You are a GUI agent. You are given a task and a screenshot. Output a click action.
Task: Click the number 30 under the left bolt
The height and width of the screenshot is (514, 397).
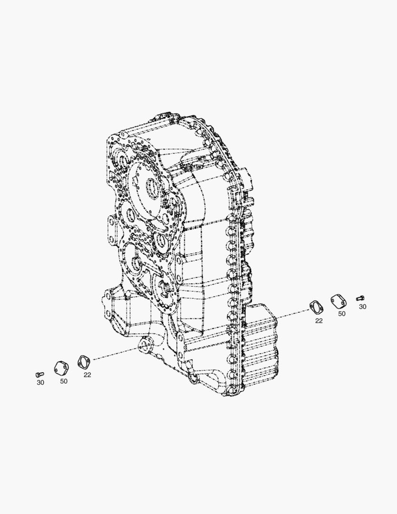pos(40,383)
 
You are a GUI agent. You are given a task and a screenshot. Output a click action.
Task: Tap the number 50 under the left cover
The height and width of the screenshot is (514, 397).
pos(64,381)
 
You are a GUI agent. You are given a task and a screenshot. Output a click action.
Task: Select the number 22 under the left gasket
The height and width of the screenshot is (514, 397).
pos(87,375)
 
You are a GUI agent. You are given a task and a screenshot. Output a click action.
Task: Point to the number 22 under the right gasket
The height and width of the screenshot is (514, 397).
pos(319,321)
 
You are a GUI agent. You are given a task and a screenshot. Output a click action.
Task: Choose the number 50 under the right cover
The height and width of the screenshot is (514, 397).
pos(342,314)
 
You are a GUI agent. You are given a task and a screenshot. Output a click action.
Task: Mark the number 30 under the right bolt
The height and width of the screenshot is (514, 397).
pos(362,307)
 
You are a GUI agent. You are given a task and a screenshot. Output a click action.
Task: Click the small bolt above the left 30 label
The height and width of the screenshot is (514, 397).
pos(39,375)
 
